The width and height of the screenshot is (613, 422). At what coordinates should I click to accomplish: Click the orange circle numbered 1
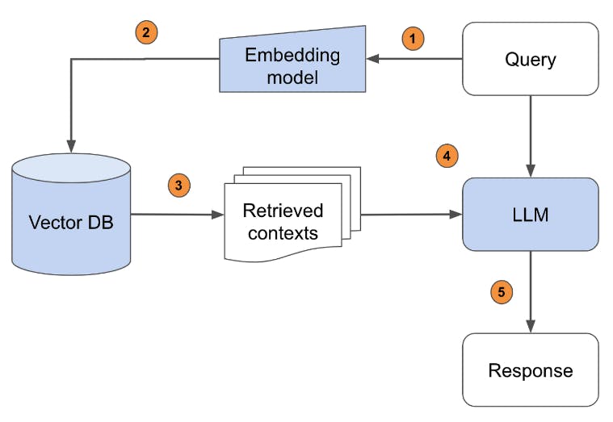click(x=413, y=39)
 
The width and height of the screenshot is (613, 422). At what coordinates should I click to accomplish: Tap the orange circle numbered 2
click(x=146, y=32)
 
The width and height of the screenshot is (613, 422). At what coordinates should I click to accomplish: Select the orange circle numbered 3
click(x=179, y=186)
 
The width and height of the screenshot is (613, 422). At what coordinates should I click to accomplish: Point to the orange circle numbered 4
click(x=447, y=156)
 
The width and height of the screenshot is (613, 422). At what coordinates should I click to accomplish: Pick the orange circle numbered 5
click(x=502, y=292)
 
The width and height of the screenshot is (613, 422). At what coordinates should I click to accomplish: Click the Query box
click(x=531, y=59)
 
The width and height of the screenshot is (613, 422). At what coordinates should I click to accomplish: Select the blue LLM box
click(x=531, y=214)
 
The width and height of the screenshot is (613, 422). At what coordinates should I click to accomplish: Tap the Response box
click(x=531, y=370)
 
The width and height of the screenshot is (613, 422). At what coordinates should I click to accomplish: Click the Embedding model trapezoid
click(x=292, y=61)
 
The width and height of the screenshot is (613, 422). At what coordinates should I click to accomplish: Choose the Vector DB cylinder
click(x=71, y=214)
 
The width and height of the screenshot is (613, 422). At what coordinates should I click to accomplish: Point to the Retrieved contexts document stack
click(x=292, y=214)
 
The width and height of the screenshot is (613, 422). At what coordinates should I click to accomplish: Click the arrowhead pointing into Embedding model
click(x=372, y=59)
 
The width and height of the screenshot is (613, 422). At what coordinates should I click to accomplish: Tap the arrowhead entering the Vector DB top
click(x=71, y=147)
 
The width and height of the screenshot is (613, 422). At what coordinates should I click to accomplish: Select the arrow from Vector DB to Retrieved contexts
click(x=177, y=215)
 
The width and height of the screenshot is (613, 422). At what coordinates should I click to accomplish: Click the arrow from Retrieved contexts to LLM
click(x=412, y=214)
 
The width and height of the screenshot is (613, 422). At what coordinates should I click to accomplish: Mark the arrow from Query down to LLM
click(x=531, y=136)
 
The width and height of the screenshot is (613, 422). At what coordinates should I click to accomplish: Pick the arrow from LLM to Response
click(x=531, y=292)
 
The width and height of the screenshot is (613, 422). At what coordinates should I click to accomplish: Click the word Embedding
click(x=292, y=55)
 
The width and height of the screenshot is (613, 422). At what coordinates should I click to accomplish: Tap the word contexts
click(x=283, y=233)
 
